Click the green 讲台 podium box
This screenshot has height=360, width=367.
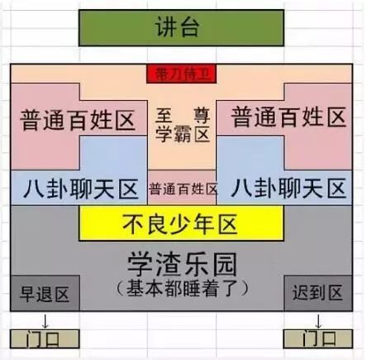(181, 28)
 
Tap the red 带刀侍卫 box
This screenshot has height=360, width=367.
(182, 74)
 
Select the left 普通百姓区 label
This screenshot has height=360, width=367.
(78, 120)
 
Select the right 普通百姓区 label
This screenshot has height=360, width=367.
(288, 118)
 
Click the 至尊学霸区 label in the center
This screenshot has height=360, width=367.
(182, 125)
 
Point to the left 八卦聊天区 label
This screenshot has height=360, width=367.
(80, 189)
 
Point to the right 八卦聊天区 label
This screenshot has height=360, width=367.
(288, 188)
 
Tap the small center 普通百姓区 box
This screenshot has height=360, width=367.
(182, 188)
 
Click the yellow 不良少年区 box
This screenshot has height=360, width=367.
(181, 223)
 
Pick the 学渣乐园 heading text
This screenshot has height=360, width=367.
(182, 264)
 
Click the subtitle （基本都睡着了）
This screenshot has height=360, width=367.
(182, 289)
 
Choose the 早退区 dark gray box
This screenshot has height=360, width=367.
(45, 293)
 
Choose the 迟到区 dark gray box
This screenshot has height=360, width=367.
(318, 293)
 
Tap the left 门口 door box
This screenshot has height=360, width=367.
(45, 339)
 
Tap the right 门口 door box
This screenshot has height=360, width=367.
(318, 339)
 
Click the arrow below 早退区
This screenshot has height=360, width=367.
(45, 321)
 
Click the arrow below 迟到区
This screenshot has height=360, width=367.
(318, 321)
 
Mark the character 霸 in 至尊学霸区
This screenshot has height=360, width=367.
(183, 135)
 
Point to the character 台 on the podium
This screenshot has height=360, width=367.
(189, 26)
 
